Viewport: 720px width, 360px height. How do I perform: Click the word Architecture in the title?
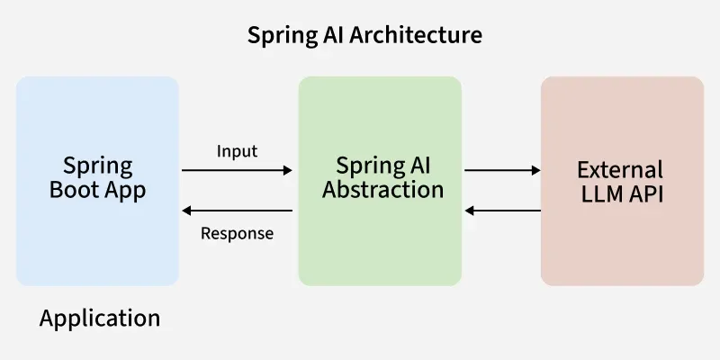(425, 36)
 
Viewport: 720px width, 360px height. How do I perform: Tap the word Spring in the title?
(275, 36)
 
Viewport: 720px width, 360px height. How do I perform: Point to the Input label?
(237, 151)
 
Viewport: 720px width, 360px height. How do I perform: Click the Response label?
(237, 234)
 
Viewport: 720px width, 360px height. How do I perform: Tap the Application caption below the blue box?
(100, 318)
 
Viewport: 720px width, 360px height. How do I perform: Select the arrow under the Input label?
(237, 169)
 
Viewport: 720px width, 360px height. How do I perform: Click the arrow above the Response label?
(237, 211)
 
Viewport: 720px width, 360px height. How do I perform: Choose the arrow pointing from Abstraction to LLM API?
(502, 169)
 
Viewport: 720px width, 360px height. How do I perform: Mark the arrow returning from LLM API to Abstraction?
(502, 211)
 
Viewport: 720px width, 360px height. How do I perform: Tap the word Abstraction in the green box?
(383, 190)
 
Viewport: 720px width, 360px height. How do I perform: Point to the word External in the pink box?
(620, 169)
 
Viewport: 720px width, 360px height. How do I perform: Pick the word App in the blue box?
(123, 191)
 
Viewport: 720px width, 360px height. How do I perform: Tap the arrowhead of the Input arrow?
(288, 169)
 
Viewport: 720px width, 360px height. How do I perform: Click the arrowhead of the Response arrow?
(187, 211)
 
